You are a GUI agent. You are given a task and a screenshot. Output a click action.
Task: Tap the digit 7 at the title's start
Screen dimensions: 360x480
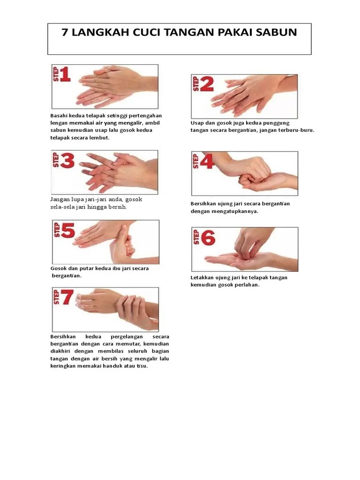click(x=65, y=32)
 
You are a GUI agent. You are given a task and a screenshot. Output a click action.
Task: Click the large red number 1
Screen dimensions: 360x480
click(x=65, y=75)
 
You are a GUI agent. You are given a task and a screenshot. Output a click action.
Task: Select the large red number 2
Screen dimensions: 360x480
click(x=207, y=84)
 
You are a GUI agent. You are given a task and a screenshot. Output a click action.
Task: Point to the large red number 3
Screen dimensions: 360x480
click(x=67, y=160)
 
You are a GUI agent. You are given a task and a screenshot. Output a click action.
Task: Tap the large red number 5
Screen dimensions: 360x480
click(x=68, y=230)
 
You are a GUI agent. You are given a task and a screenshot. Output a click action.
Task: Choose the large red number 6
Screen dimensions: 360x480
click(x=208, y=238)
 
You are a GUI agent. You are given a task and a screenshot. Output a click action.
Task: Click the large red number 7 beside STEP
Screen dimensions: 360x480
click(x=67, y=297)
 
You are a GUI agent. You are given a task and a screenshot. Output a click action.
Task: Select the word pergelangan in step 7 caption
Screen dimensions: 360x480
click(x=127, y=337)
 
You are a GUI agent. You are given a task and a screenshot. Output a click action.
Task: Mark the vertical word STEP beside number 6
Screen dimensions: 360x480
click(x=196, y=237)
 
